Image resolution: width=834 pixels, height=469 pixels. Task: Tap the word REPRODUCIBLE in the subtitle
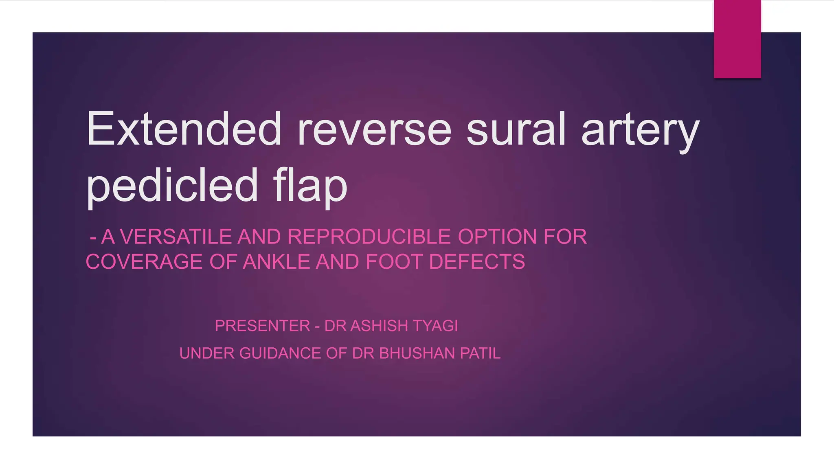point(369,237)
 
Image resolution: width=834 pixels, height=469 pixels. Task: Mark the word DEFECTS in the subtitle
point(477,261)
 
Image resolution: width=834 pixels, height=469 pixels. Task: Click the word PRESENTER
point(263,326)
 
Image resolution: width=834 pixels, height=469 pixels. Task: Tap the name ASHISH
point(379,326)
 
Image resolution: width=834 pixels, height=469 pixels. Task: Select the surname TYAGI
point(435,326)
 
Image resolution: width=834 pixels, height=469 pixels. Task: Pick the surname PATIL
point(481,353)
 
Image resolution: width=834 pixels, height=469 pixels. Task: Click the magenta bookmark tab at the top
point(737,39)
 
